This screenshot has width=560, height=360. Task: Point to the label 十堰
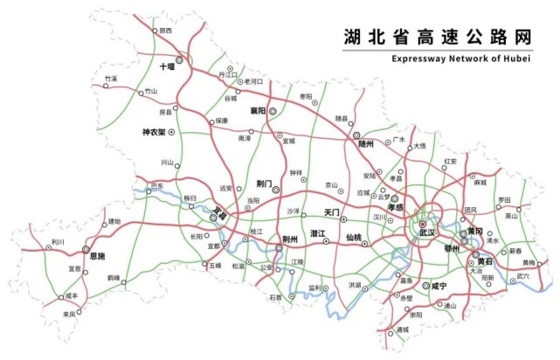click(x=167, y=66)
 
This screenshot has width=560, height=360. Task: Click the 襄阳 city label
click(x=258, y=111)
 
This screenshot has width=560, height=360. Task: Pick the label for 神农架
click(x=154, y=132)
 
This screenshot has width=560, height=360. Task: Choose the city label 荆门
click(x=265, y=184)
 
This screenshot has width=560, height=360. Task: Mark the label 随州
click(x=364, y=143)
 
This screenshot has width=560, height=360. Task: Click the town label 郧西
click(x=166, y=31)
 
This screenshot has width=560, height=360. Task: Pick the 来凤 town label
click(x=69, y=314)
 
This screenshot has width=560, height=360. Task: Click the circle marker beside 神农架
click(x=172, y=132)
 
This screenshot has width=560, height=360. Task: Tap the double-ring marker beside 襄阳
click(x=273, y=111)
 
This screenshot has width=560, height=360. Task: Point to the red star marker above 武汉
click(x=423, y=225)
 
